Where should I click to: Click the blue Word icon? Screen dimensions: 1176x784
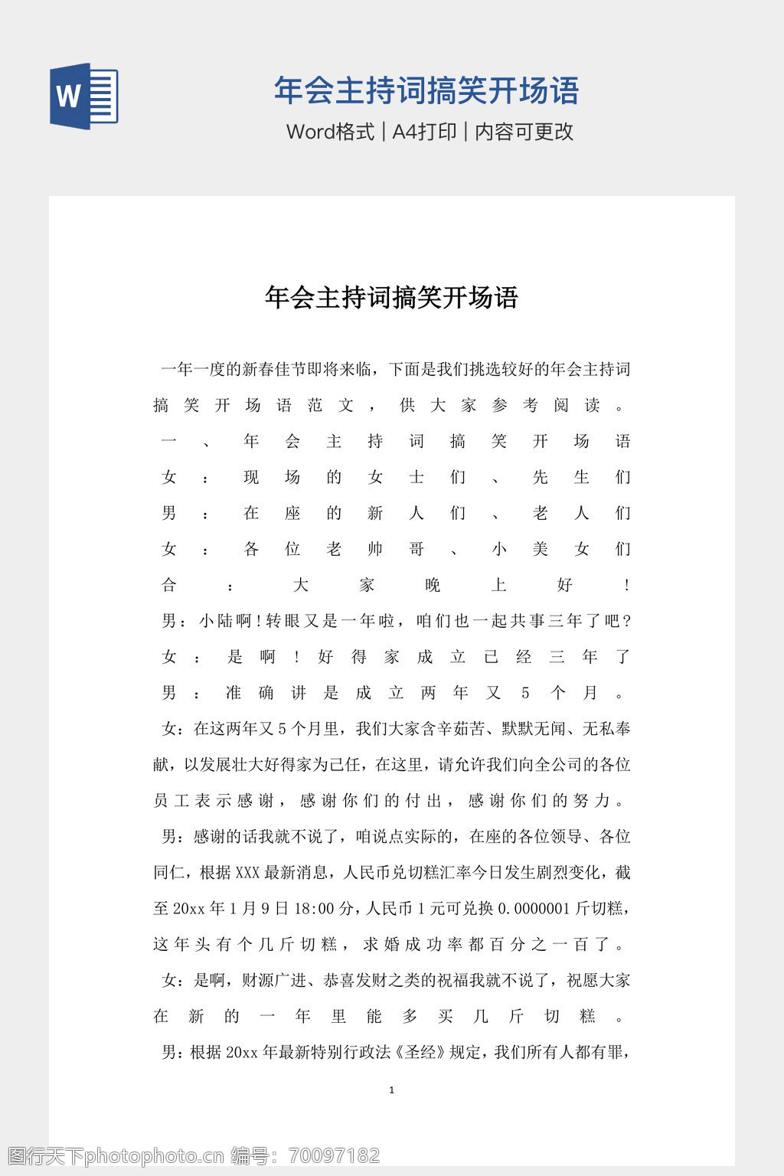(83, 96)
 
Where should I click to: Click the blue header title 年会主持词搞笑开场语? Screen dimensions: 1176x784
(426, 91)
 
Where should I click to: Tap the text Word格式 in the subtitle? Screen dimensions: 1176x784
(330, 132)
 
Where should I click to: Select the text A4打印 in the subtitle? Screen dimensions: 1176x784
(424, 132)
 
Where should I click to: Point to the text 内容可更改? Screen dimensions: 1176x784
(524, 132)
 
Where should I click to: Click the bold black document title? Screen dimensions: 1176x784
(391, 297)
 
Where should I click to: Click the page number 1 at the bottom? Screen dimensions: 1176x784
(392, 1090)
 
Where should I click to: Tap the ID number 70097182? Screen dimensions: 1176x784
(334, 1155)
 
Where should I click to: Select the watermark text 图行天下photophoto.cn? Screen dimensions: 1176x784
(115, 1155)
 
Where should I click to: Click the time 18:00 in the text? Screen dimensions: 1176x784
(314, 909)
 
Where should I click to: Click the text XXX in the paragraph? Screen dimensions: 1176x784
(247, 873)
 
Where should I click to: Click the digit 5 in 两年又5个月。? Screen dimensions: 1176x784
(525, 693)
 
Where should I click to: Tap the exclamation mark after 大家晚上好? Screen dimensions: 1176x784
(627, 585)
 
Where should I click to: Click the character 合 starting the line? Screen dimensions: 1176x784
(169, 585)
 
